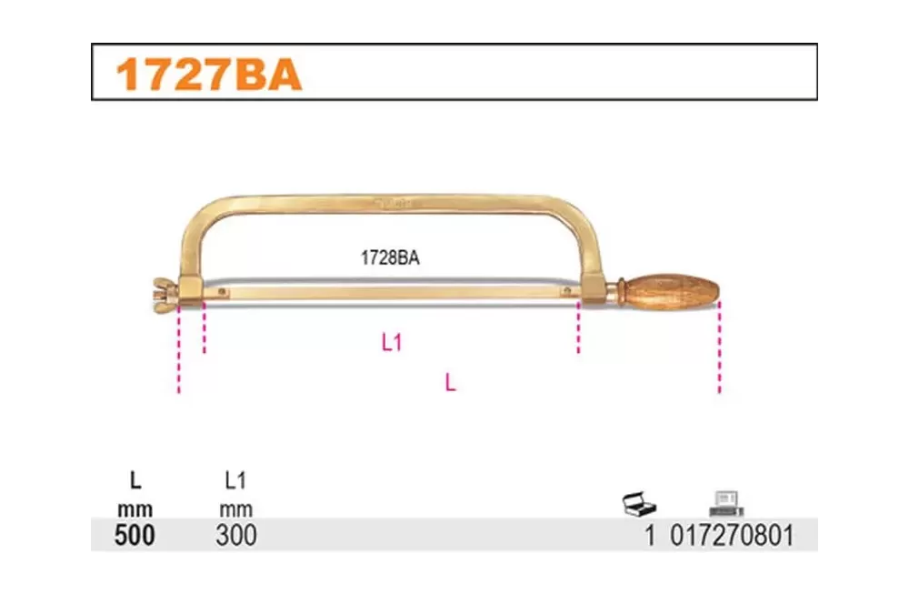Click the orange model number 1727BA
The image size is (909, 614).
[209, 75]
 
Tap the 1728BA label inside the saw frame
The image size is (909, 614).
[390, 257]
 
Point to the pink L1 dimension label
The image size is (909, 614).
[392, 342]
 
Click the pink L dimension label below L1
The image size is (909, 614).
[451, 382]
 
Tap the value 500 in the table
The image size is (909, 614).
[135, 535]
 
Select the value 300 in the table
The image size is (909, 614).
[236, 535]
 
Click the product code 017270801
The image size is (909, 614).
[732, 535]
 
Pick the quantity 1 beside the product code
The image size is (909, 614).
[650, 535]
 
